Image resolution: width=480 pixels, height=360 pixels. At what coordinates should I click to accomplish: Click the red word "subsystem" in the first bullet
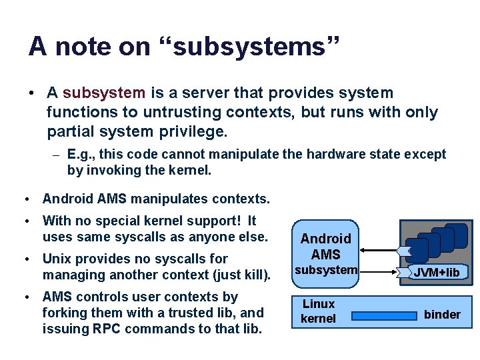coord(103,93)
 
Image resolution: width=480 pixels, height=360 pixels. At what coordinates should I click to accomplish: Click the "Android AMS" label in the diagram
coord(325,246)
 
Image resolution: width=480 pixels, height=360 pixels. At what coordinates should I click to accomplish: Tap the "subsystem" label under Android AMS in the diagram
coord(326,270)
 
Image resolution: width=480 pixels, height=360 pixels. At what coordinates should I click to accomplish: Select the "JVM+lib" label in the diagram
coord(436,273)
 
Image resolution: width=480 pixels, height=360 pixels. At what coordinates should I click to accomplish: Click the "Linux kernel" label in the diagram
coord(318,311)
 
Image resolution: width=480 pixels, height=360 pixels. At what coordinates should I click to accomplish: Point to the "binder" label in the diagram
coord(442,314)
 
